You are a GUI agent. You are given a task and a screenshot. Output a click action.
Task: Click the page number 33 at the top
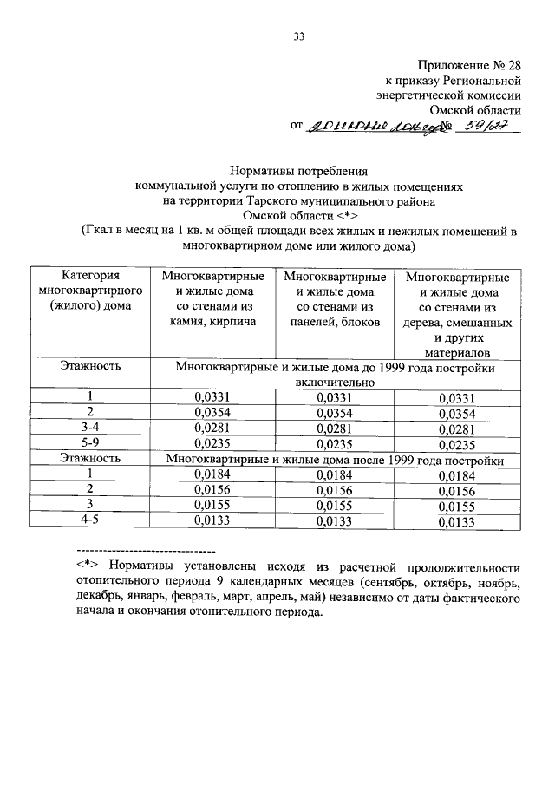point(299,36)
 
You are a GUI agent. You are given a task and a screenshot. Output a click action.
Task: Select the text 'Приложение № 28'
point(469,65)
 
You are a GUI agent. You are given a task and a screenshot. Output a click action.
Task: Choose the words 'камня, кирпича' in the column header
point(212,322)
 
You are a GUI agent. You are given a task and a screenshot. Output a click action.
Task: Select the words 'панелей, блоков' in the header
point(334,322)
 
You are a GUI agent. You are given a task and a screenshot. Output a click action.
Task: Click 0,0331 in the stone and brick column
point(212,397)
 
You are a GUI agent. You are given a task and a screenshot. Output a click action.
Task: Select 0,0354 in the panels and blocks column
point(334,413)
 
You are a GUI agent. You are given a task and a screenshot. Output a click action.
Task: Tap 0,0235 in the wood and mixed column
point(456,445)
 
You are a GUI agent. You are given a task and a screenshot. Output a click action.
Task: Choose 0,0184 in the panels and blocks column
point(334,475)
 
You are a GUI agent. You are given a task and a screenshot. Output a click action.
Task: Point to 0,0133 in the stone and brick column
point(212,521)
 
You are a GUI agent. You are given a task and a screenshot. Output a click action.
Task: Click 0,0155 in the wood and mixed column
point(456,507)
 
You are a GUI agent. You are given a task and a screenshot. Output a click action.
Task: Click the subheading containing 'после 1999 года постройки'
point(334,460)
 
